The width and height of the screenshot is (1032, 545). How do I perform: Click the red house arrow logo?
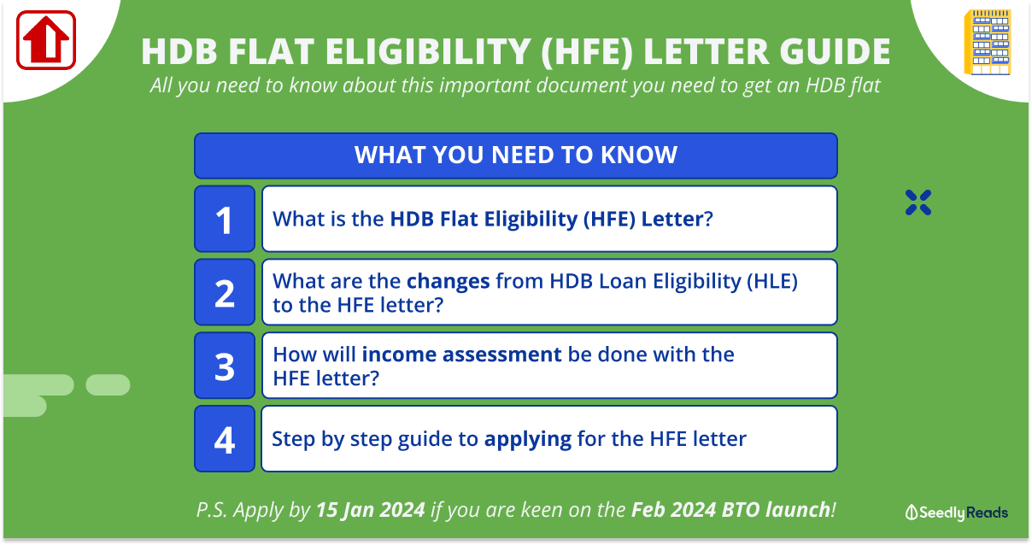[46, 40]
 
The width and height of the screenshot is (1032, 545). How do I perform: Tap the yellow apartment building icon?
[988, 43]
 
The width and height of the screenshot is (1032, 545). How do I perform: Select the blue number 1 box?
[225, 219]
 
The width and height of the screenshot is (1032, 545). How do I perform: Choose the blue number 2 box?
[225, 292]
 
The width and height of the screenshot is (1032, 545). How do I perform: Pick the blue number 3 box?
[225, 366]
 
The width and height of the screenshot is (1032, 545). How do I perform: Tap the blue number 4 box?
[225, 438]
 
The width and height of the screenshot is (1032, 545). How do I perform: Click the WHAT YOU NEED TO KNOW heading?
[515, 155]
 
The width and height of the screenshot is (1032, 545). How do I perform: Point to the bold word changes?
[448, 281]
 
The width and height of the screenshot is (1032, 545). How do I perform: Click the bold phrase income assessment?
[461, 355]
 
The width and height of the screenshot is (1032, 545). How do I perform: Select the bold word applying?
[527, 439]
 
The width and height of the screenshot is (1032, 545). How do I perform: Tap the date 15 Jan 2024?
[371, 510]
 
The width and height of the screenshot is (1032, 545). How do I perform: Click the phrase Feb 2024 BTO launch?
[730, 510]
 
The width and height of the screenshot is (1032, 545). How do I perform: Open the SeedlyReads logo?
[957, 513]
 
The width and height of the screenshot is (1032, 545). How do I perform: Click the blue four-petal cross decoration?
[918, 202]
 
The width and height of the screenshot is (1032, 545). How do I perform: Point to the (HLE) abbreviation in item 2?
[772, 282]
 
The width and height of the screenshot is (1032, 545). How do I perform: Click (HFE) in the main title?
[587, 51]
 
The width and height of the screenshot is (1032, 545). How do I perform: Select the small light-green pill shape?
[108, 384]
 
